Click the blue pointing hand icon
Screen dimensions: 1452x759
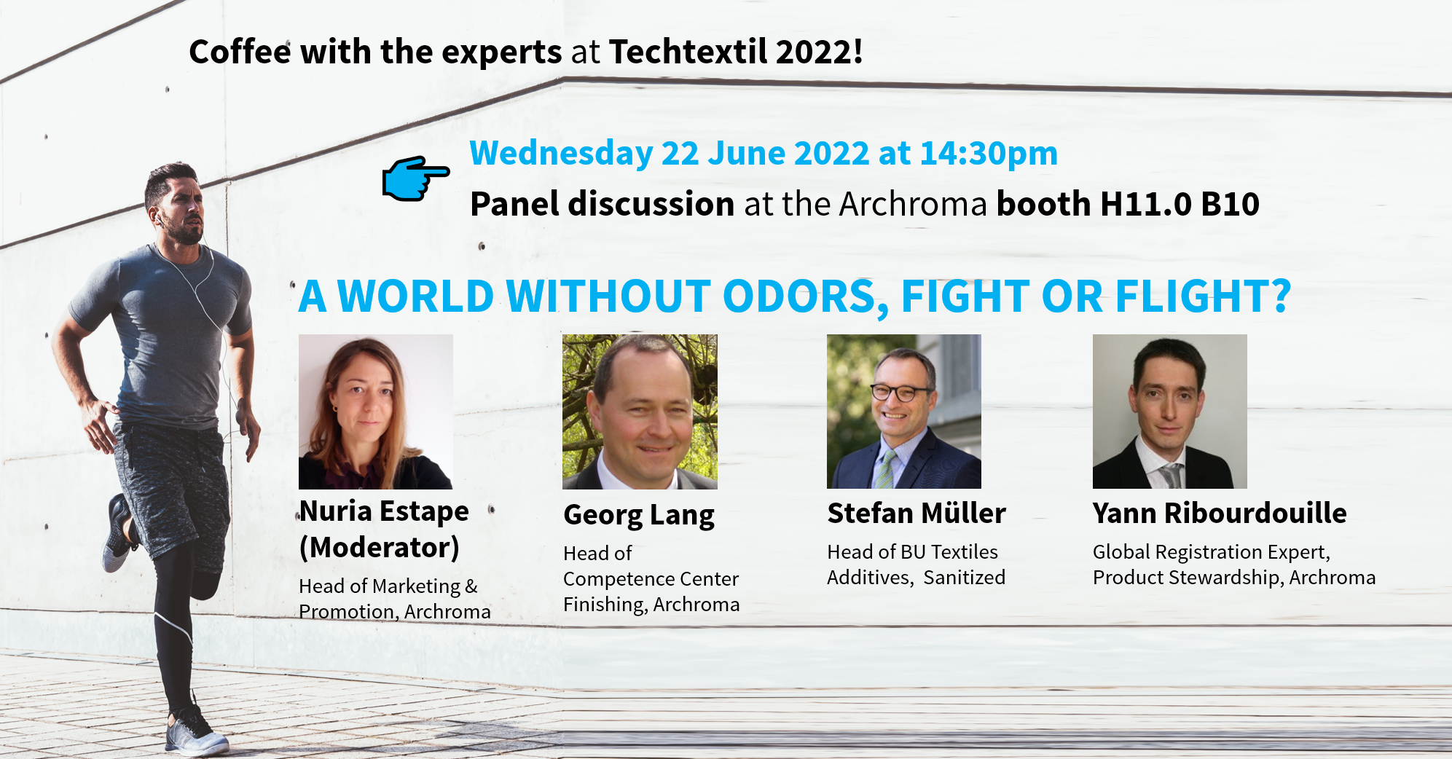tap(415, 178)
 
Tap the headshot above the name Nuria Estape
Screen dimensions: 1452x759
tap(376, 412)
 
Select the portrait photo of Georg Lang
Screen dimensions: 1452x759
tap(640, 412)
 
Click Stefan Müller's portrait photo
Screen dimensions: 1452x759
tap(904, 412)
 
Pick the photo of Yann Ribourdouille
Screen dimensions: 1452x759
tap(1170, 412)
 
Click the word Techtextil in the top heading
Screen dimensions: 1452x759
tap(688, 52)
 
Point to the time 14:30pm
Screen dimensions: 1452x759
tap(989, 154)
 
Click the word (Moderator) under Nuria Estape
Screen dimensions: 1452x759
tap(380, 548)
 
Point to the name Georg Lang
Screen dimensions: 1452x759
tap(639, 515)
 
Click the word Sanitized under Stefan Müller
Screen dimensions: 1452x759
tap(964, 578)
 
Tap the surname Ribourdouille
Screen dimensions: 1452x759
tap(1255, 514)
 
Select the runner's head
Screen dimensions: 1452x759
tap(175, 202)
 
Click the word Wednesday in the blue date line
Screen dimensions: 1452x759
tap(561, 154)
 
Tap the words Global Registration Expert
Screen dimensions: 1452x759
tap(1211, 553)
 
